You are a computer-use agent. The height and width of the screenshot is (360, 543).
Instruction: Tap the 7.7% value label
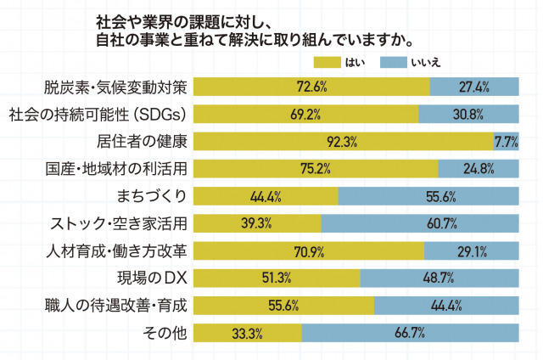506,142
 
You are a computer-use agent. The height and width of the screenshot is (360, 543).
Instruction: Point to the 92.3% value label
341,142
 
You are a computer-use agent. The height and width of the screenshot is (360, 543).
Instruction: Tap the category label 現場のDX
151,278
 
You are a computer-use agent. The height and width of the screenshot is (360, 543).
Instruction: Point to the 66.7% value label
409,333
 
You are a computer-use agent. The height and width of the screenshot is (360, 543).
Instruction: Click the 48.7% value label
439,278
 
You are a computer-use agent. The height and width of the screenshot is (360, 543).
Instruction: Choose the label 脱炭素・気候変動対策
118,86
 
